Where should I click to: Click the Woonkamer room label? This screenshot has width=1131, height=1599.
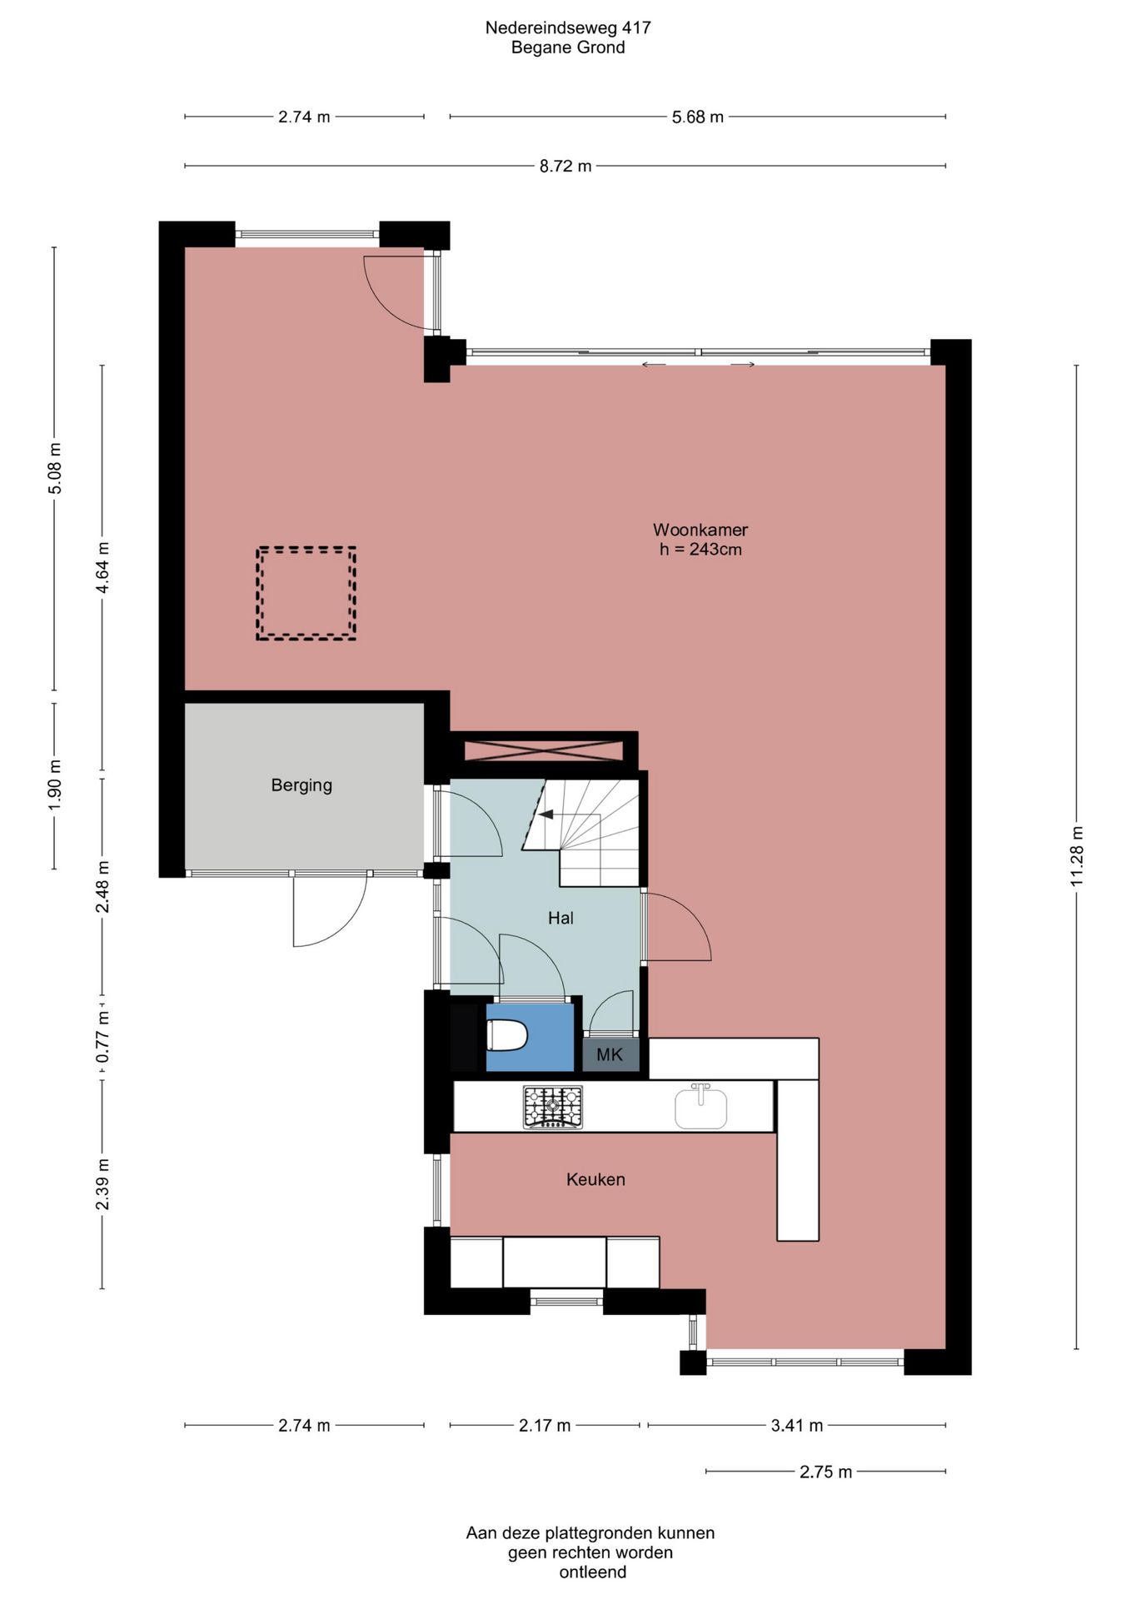click(700, 530)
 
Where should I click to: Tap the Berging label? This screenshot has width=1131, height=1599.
click(301, 785)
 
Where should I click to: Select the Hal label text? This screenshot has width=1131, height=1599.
click(561, 918)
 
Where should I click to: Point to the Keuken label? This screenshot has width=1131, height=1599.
click(595, 1179)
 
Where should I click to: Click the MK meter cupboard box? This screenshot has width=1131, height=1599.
click(610, 1054)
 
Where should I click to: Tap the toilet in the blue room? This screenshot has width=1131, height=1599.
click(507, 1037)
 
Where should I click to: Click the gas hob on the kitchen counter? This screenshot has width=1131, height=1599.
click(553, 1107)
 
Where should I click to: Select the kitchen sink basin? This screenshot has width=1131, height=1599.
click(700, 1107)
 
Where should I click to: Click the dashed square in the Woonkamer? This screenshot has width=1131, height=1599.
click(306, 593)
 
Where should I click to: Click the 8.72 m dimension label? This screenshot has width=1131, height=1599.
click(565, 166)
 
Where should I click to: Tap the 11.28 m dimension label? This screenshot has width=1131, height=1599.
click(1077, 856)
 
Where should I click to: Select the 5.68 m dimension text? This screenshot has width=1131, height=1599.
click(698, 117)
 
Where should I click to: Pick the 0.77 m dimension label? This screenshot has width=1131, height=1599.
click(102, 1037)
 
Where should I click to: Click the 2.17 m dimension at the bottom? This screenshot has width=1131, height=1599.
click(545, 1425)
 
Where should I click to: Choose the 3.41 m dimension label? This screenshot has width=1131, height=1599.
click(797, 1425)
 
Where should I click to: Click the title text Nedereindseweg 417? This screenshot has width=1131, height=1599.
click(568, 27)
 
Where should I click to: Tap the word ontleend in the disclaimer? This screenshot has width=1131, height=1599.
click(593, 1572)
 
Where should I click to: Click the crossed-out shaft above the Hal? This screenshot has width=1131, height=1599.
click(543, 750)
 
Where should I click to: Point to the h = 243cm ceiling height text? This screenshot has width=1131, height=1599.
click(700, 550)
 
